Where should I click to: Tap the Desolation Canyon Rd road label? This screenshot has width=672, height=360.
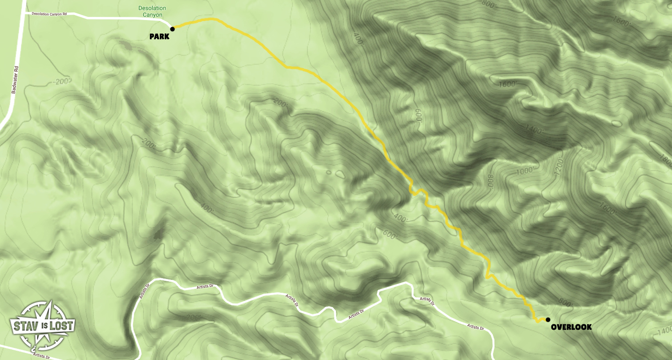pos(49,14)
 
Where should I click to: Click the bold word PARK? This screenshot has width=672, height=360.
pos(159,37)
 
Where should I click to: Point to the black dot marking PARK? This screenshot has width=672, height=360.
pos(172,29)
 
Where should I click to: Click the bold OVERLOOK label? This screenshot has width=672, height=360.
pos(571,328)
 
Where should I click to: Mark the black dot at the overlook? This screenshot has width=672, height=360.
pos(547,320)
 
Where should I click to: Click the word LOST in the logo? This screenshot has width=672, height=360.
pos(61,325)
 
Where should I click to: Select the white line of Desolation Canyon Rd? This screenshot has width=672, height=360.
pos(120,18)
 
